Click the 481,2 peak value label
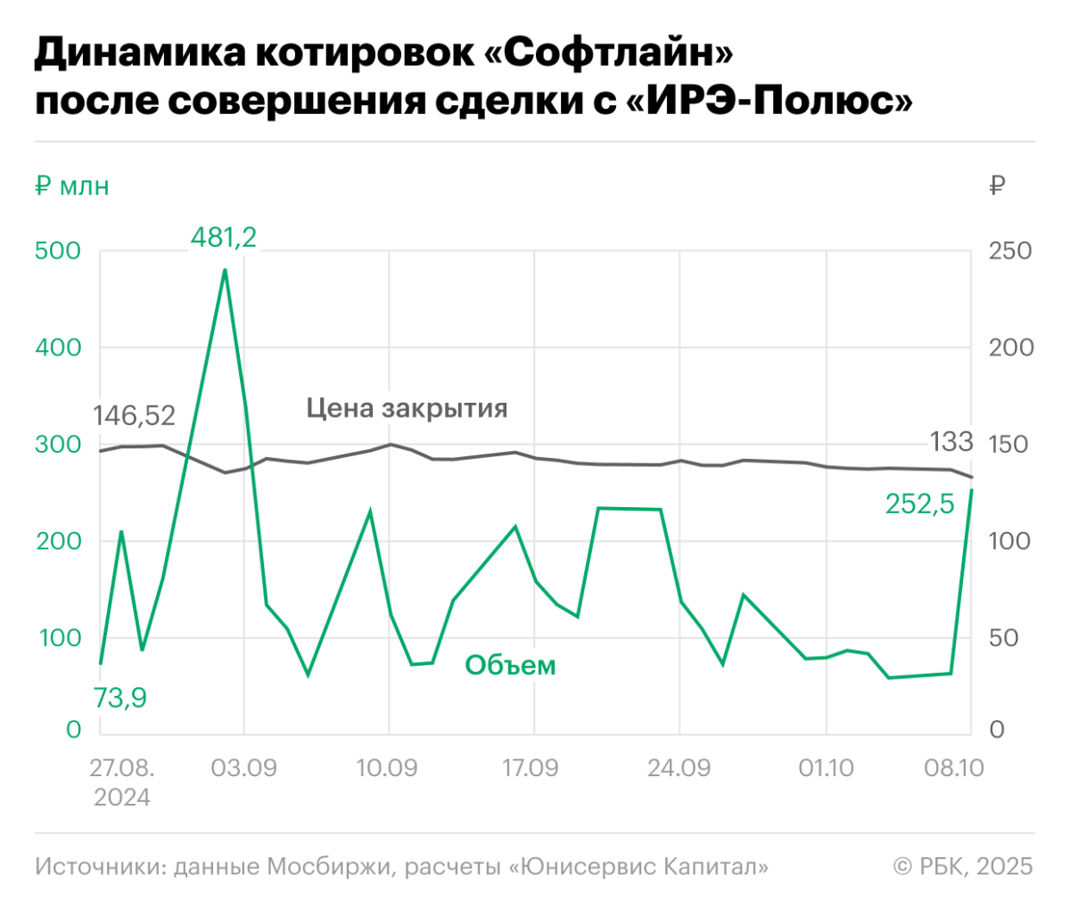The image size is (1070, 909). (224, 237)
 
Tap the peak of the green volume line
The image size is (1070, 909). (225, 269)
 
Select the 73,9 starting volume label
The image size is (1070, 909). (120, 698)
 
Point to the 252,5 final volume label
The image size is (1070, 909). (919, 504)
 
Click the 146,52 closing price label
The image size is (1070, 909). (135, 415)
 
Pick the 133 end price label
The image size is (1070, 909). (951, 441)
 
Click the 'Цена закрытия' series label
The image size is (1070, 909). (407, 408)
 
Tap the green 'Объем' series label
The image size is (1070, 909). (510, 665)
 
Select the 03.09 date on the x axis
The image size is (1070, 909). (243, 767)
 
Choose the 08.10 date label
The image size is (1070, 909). (953, 767)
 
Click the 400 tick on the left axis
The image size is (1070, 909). (58, 348)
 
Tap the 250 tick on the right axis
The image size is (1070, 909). (1010, 250)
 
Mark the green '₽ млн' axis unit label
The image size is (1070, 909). (72, 186)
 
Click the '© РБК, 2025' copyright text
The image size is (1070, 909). (963, 865)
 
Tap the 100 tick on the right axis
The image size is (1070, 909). (1010, 541)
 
